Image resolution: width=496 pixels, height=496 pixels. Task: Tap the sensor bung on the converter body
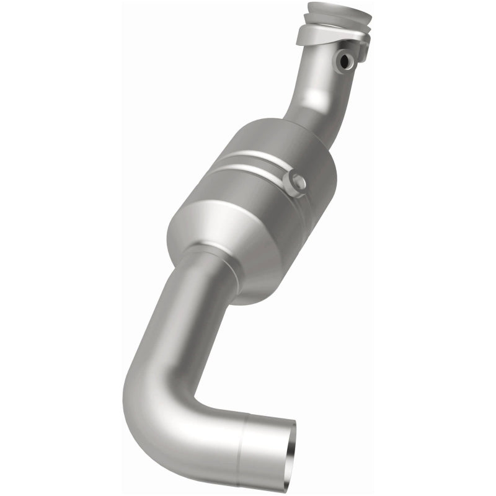click(x=294, y=182)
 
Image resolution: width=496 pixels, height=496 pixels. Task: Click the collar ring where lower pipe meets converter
click(x=214, y=260)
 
